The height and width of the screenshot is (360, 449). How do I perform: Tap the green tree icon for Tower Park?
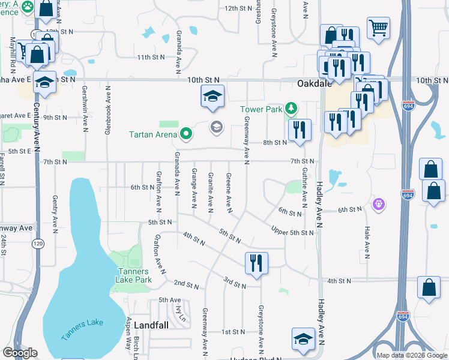click(291, 109)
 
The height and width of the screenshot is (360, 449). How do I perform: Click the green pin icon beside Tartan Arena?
click(187, 133)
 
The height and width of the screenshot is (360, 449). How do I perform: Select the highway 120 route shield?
click(38, 244)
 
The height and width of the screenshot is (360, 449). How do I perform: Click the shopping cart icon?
click(378, 27)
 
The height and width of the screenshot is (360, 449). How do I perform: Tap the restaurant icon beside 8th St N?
click(298, 130)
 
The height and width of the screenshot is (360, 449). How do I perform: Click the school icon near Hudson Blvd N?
click(303, 338)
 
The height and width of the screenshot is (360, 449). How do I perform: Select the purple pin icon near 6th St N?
click(378, 205)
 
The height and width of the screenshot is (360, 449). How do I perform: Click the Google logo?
click(20, 353)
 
